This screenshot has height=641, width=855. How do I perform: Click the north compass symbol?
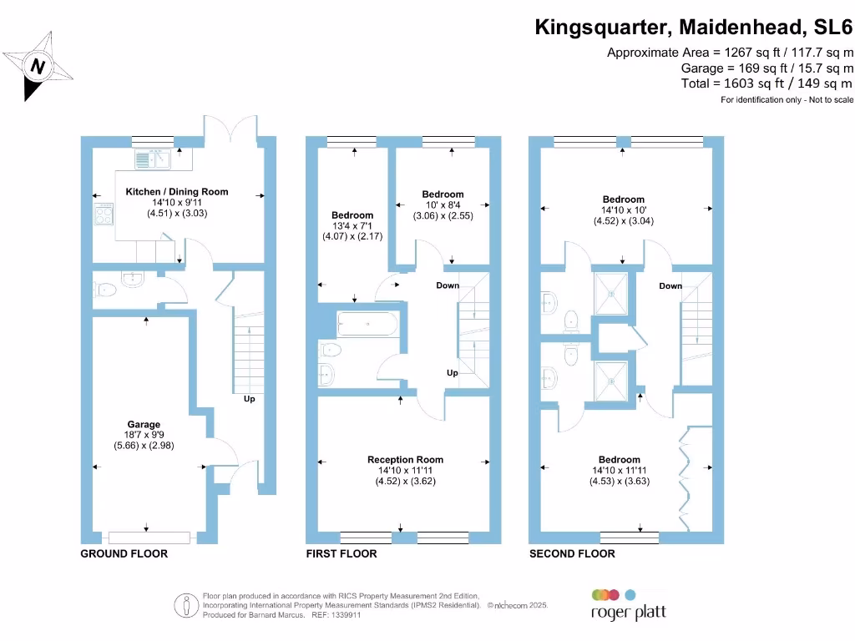click(38, 65)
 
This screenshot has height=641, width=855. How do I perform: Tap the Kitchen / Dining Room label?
click(176, 192)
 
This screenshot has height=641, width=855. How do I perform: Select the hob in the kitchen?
click(104, 215)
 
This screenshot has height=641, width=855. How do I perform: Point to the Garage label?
click(144, 425)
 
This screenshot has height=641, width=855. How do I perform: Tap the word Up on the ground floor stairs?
click(249, 399)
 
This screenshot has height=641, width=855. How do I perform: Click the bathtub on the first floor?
click(368, 323)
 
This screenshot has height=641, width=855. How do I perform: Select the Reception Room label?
click(405, 460)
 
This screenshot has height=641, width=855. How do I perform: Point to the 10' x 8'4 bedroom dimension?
click(443, 204)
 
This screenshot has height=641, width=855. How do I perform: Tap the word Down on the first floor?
click(448, 285)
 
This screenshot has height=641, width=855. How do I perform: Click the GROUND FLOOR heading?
click(124, 554)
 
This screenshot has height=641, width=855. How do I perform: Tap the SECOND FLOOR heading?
click(572, 554)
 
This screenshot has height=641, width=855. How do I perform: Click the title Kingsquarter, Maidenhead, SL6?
click(694, 28)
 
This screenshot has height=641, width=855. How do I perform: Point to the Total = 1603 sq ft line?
click(766, 83)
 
